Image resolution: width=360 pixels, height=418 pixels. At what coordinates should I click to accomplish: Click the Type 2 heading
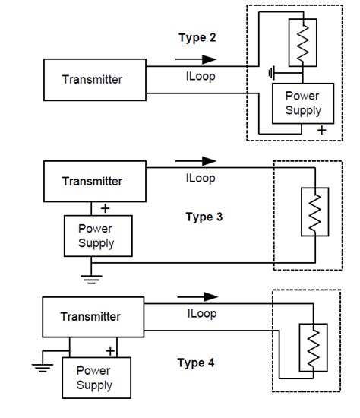197,38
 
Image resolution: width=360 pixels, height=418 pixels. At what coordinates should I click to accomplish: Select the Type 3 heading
204,217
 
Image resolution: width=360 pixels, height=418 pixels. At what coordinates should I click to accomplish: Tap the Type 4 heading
196,363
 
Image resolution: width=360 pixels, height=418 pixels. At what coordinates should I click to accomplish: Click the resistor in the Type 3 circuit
313,213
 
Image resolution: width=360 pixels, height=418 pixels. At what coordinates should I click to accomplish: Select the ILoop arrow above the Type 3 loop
195,161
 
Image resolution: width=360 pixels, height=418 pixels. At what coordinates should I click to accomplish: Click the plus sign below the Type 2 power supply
321,131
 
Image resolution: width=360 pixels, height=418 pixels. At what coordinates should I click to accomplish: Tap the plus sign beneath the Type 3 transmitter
105,207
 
